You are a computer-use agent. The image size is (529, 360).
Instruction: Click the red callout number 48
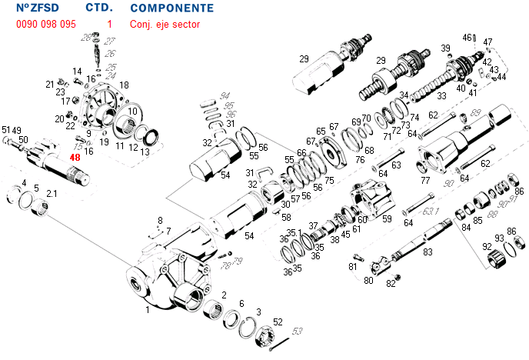click(75, 158)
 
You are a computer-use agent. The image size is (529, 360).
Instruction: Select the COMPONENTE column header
click(172, 8)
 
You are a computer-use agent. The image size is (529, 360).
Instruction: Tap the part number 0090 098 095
click(46, 24)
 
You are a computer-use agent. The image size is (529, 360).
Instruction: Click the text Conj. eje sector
click(165, 24)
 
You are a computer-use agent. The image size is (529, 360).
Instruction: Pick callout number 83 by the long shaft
click(428, 252)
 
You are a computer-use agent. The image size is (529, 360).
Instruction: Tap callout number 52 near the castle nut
click(278, 322)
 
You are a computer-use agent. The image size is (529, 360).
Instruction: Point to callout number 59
click(387, 219)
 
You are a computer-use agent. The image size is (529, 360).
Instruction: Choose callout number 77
click(424, 181)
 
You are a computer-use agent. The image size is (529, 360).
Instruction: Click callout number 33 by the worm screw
click(441, 96)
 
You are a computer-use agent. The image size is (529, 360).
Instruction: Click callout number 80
click(368, 280)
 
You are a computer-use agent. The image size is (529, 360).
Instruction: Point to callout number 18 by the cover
click(124, 85)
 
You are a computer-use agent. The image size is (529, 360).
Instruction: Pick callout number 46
click(467, 37)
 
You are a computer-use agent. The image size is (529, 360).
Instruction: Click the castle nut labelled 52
click(261, 336)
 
